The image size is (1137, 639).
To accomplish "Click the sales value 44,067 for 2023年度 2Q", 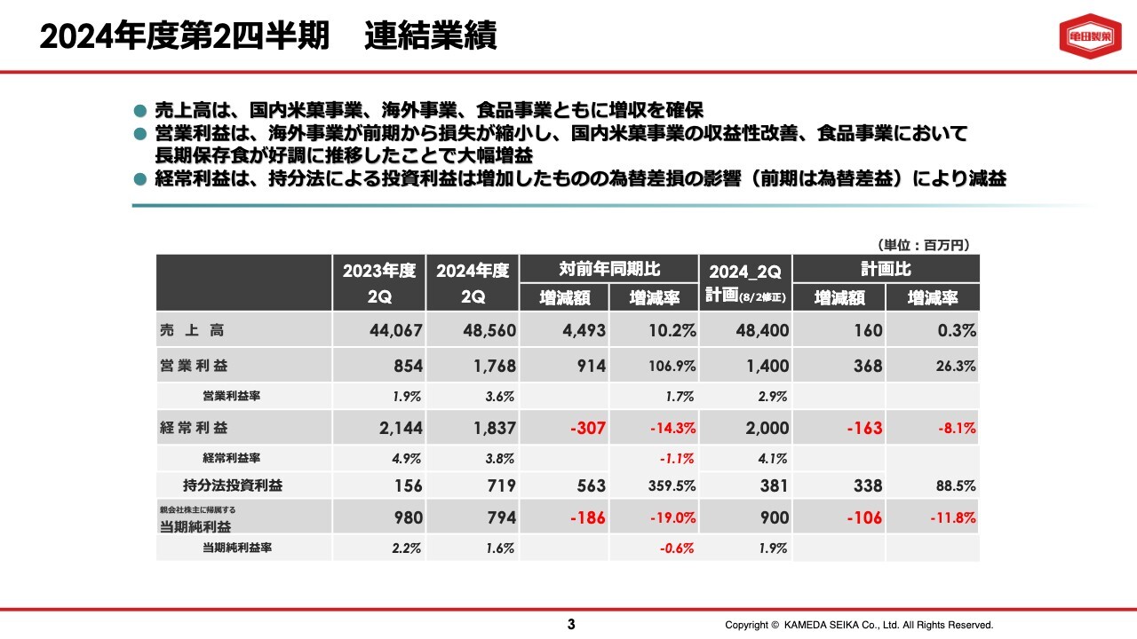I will (x=395, y=331).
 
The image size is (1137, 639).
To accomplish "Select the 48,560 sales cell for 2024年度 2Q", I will (x=489, y=331).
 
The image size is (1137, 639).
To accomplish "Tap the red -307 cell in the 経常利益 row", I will (x=587, y=429).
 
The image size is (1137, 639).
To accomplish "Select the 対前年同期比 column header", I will (x=608, y=269).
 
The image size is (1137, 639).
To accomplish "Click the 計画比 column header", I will (x=886, y=269).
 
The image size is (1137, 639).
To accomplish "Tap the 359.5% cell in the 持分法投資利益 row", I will (x=671, y=486).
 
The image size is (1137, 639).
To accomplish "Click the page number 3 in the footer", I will (x=571, y=625).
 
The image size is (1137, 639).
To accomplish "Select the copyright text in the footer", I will (x=858, y=625).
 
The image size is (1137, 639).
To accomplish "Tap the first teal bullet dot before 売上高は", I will (x=139, y=111).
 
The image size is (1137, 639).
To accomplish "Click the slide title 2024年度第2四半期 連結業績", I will (x=268, y=36).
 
